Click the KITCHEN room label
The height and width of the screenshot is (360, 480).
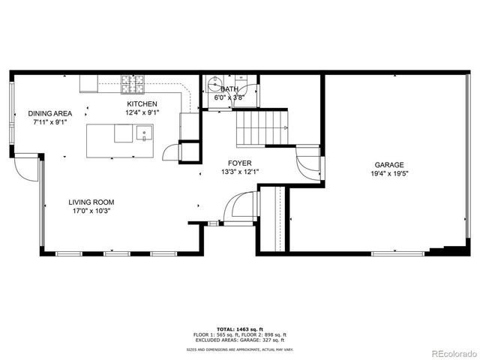coord(142,103)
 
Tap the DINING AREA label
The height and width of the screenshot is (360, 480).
coord(50,113)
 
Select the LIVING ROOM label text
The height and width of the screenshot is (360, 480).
coord(91,202)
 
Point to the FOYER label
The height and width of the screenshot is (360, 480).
coord(240,163)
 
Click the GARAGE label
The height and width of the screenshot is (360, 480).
coord(389,165)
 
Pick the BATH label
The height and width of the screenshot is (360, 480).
coord(229,88)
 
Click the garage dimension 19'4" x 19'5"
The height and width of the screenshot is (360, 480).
coord(389,174)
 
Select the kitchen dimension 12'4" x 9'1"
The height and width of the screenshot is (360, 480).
coord(142,112)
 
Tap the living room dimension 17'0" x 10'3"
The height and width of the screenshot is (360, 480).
coord(91,211)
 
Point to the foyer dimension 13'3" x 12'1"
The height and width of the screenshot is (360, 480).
coord(240,172)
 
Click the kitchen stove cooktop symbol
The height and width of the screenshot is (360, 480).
coord(133,83)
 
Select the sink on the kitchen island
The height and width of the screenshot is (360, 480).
coord(143,135)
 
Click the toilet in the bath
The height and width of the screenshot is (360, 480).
coord(213,82)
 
